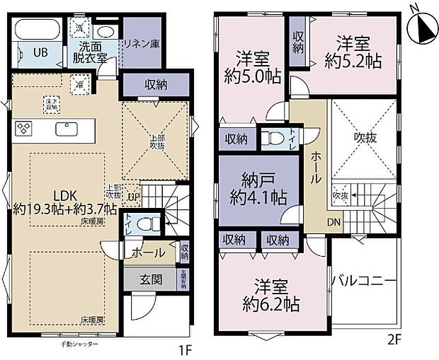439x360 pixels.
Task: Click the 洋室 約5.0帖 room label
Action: (252, 67)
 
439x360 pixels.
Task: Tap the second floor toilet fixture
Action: (270, 138)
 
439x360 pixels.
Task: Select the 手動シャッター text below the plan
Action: (81, 344)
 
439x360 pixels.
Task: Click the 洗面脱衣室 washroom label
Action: (89, 53)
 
